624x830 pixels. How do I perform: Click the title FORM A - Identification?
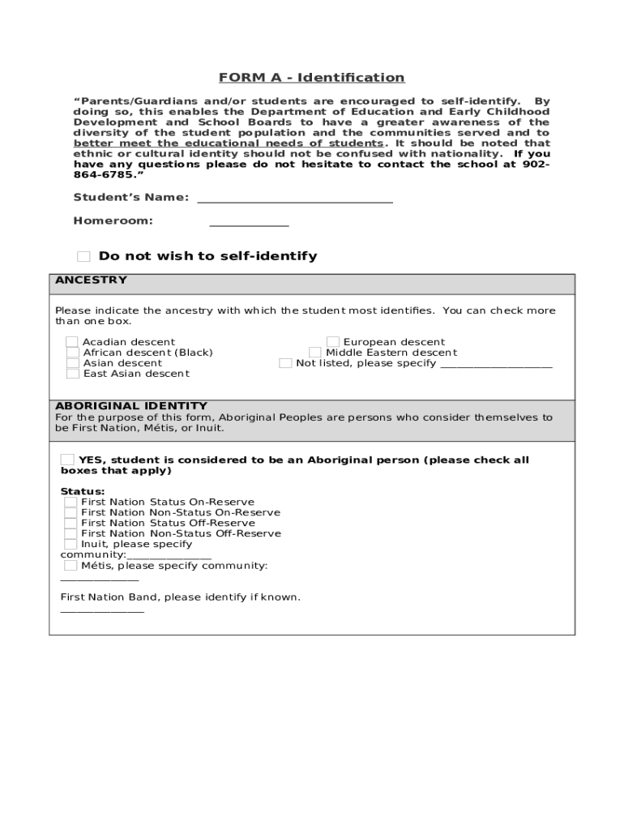point(311,78)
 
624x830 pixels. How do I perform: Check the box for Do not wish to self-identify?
point(83,257)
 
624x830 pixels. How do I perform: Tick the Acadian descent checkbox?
point(73,342)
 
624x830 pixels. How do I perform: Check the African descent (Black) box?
point(73,353)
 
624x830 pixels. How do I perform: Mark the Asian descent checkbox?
point(73,363)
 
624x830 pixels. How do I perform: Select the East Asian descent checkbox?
point(73,374)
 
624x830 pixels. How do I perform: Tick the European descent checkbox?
point(333,342)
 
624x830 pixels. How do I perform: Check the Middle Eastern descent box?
point(315,353)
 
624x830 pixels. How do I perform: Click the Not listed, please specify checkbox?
point(285,363)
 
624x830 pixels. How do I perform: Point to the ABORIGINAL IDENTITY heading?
point(131,405)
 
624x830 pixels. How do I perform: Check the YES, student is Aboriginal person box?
point(68,460)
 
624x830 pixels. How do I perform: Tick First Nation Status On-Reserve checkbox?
point(71,502)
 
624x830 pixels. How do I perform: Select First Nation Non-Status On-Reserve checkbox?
point(71,512)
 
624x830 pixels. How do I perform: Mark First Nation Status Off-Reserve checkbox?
point(71,523)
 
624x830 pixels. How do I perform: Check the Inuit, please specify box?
point(71,544)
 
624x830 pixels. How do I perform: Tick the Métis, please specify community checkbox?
point(71,565)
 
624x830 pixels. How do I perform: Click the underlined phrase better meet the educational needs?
point(228,143)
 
